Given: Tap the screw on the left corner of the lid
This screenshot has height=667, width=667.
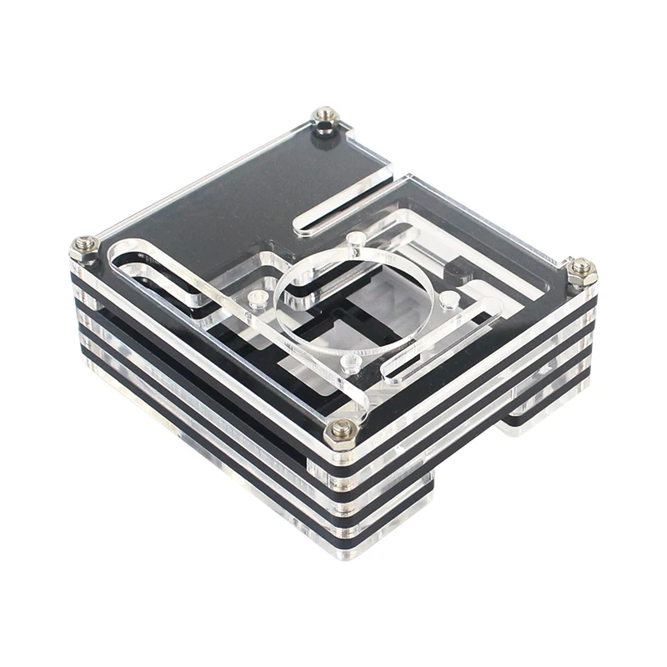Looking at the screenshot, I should (x=84, y=243).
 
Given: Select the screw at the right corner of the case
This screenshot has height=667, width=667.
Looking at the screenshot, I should (x=581, y=266).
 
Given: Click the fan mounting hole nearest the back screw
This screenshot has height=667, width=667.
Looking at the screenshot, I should (x=357, y=240).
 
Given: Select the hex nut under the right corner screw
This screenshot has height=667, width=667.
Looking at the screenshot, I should (x=581, y=278).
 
